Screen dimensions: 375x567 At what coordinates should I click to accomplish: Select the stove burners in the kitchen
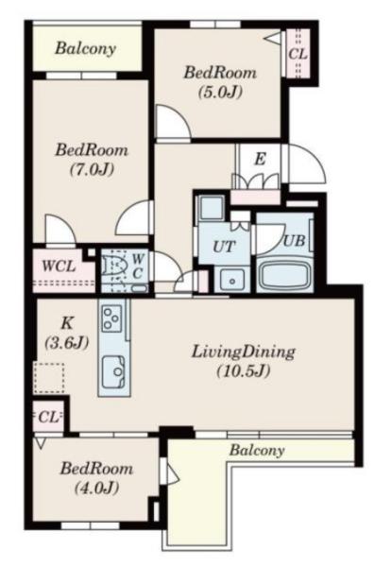click(x=111, y=318)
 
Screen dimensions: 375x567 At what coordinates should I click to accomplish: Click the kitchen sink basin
click(x=114, y=371)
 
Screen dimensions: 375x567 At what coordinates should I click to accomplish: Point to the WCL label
click(x=59, y=266)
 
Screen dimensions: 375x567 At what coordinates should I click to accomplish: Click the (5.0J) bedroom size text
click(x=220, y=93)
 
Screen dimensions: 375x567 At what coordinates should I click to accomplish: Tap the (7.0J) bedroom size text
click(x=92, y=169)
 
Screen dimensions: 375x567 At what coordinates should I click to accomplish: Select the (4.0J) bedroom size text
click(x=97, y=489)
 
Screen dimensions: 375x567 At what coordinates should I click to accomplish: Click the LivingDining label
click(x=244, y=352)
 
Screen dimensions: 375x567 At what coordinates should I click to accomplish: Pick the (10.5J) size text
click(x=244, y=370)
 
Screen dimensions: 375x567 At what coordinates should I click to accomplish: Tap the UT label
click(x=224, y=247)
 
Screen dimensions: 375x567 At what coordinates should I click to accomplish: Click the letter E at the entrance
click(x=260, y=159)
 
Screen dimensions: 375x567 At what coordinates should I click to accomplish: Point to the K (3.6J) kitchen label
click(x=67, y=333)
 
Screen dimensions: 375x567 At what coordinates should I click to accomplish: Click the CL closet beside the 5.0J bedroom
click(x=298, y=54)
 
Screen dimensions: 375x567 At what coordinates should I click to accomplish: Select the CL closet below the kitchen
click(x=49, y=418)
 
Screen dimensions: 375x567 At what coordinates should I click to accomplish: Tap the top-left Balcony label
click(x=86, y=49)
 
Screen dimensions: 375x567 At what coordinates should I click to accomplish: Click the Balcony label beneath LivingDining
click(x=257, y=450)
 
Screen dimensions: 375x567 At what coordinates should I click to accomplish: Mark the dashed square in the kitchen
click(x=49, y=378)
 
